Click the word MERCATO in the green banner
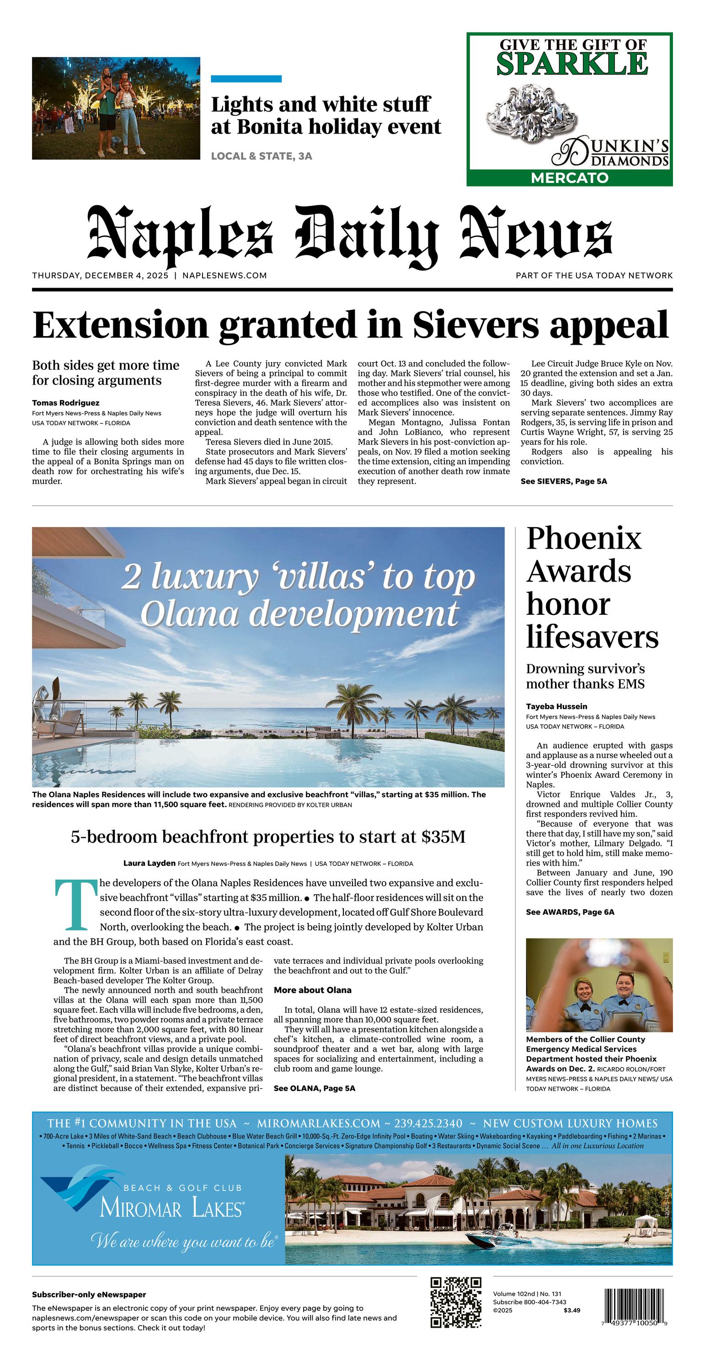point(570,178)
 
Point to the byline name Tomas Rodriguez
point(65,403)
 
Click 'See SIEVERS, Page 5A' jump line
point(563,481)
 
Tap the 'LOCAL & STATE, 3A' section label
point(261,156)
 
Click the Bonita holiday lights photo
point(116,108)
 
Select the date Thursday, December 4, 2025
point(100,276)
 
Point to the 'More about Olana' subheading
point(312,990)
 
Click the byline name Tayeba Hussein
point(556,706)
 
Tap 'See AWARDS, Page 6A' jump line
point(570,912)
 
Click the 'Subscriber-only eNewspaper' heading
point(89,1295)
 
